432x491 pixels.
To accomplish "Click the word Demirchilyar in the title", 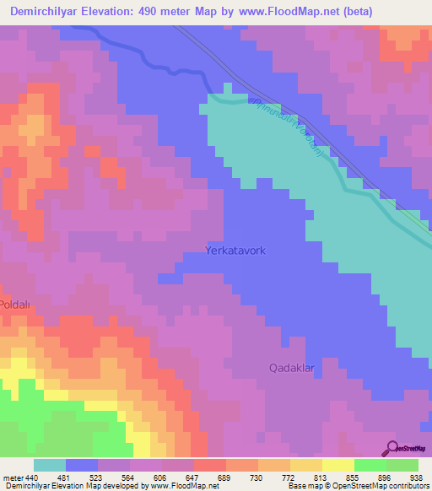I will tap(42, 11).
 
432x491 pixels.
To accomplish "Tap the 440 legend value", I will tap(32, 478).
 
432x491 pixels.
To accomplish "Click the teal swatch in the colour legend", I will tap(50, 465).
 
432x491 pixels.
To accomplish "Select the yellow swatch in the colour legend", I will tap(338, 465).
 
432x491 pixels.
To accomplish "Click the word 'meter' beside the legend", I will tap(12, 478).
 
